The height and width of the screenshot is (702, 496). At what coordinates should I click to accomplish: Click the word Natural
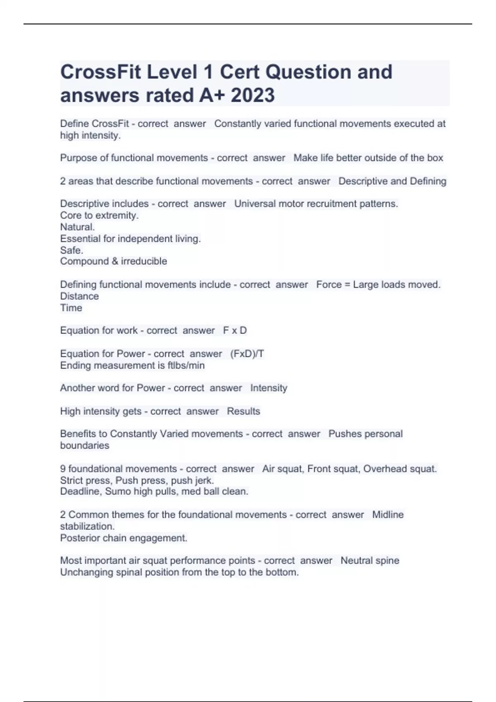click(x=77, y=227)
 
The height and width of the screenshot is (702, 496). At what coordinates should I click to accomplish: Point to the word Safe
click(x=72, y=250)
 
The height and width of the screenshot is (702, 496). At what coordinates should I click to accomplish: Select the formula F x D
click(x=235, y=330)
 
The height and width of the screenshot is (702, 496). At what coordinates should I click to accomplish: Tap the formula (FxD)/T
click(x=247, y=354)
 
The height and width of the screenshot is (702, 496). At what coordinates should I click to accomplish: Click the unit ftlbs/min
click(x=186, y=365)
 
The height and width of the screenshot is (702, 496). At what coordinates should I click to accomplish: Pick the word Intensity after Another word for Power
click(x=269, y=388)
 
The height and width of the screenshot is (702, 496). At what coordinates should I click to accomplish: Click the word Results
click(x=243, y=411)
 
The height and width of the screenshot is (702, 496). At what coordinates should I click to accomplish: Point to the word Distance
click(x=79, y=296)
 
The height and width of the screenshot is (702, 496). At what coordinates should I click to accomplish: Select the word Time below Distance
click(x=71, y=308)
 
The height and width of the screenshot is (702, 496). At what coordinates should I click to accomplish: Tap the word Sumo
click(x=118, y=491)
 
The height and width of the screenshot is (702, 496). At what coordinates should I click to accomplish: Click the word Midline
click(x=388, y=515)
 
